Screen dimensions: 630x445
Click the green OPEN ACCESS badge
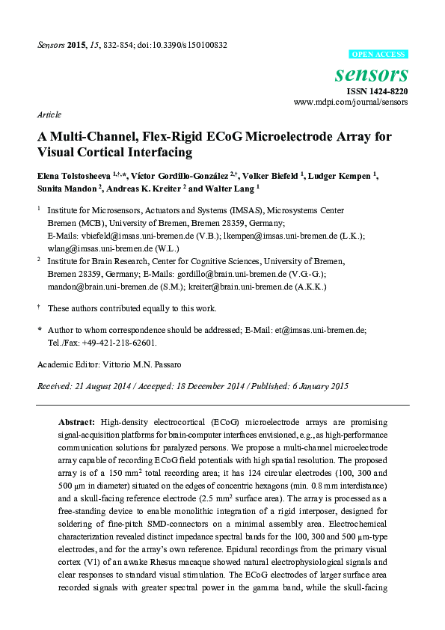379,55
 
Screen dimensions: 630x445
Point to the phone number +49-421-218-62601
115,342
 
